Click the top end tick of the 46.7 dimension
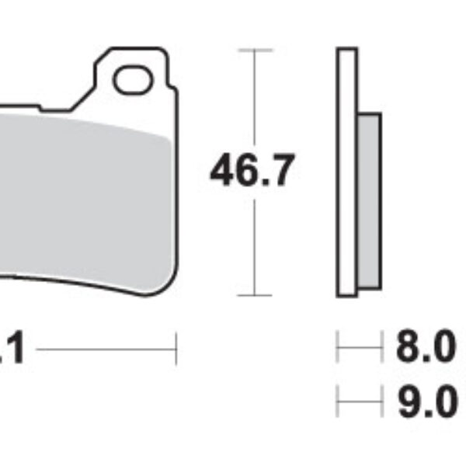tap(255, 50)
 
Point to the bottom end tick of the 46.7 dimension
tap(255, 295)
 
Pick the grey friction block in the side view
tap(369, 200)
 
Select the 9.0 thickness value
tap(426, 403)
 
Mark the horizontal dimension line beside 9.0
tap(360, 403)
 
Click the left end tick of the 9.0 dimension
tap(337, 403)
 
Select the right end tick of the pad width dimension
tap(177, 349)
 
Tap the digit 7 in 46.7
tap(280, 171)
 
